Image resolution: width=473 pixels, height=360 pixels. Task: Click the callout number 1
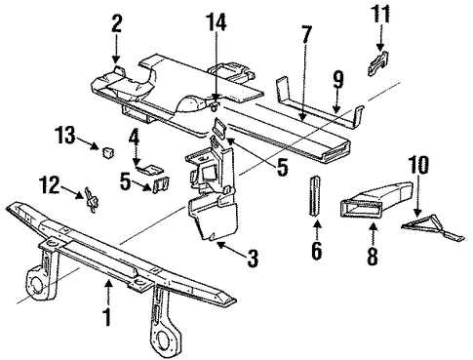pyautogui.click(x=107, y=316)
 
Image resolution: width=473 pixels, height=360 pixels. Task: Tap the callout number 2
pyautogui.click(x=117, y=24)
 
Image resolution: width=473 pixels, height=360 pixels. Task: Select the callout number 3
pyautogui.click(x=253, y=259)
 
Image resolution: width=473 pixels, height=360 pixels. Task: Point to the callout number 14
pyautogui.click(x=217, y=21)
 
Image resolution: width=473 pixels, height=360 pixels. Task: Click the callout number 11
pyautogui.click(x=380, y=15)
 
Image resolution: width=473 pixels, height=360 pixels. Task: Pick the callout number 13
pyautogui.click(x=65, y=135)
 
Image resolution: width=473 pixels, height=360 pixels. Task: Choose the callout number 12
pyautogui.click(x=50, y=184)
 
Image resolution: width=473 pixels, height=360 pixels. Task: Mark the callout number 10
pyautogui.click(x=418, y=165)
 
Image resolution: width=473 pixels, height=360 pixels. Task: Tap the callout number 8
pyautogui.click(x=373, y=256)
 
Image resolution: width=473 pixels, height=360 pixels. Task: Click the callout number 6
pyautogui.click(x=316, y=251)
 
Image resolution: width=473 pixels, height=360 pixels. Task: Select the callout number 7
pyautogui.click(x=306, y=35)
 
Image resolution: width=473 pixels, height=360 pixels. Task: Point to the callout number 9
pyautogui.click(x=338, y=80)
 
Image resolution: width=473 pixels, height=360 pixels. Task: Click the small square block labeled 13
pyautogui.click(x=107, y=152)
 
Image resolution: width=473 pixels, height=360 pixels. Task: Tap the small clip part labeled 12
pyautogui.click(x=91, y=200)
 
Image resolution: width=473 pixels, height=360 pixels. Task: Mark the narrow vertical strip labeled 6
pyautogui.click(x=315, y=195)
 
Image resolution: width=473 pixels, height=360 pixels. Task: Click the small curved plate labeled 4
pyautogui.click(x=149, y=170)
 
